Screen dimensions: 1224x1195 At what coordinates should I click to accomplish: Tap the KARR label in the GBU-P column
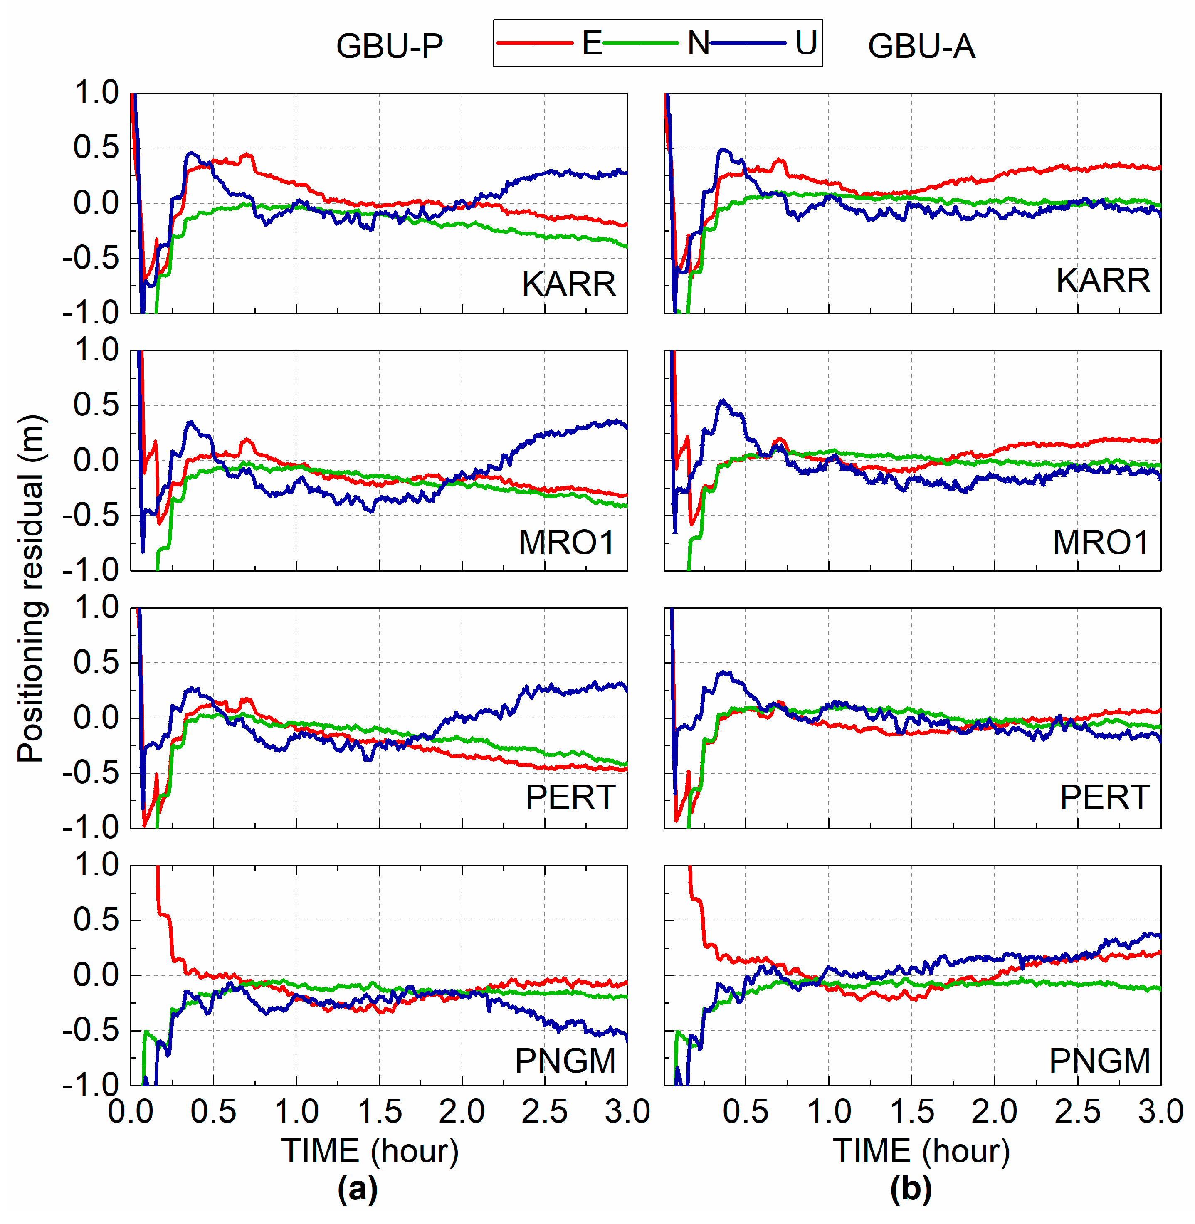(x=568, y=284)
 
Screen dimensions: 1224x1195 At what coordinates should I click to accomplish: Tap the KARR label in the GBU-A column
(x=1103, y=281)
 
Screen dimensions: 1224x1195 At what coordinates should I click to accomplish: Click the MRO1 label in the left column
(x=566, y=542)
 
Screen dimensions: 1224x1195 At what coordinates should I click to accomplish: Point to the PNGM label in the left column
(x=565, y=1061)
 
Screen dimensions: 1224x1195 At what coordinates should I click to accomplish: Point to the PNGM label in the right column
(x=1100, y=1061)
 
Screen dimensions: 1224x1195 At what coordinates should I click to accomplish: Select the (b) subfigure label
(x=911, y=1188)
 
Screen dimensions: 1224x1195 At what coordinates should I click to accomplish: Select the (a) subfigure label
(x=357, y=1188)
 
